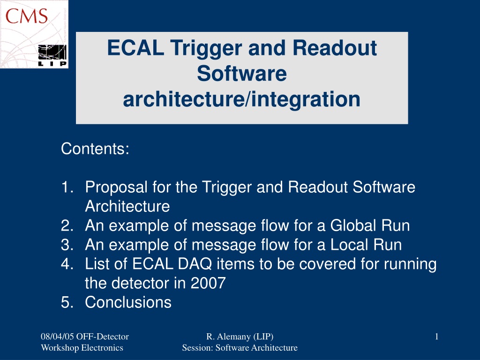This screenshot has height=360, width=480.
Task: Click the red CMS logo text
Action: tap(27, 16)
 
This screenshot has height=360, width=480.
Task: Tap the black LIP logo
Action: tap(52, 55)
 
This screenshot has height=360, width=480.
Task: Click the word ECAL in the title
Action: tap(135, 48)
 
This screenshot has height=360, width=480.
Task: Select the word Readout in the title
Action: tap(335, 48)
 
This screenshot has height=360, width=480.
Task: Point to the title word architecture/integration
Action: tap(241, 99)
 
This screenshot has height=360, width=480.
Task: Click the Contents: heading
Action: tap(95, 149)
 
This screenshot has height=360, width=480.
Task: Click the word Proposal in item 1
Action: tap(116, 187)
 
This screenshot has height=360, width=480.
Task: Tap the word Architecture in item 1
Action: tap(127, 206)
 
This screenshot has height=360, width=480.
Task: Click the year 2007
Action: tap(208, 283)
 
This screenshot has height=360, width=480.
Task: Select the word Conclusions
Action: tap(128, 302)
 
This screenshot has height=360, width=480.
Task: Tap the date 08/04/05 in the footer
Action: tap(57, 337)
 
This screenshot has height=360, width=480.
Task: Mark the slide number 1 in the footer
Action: tap(436, 337)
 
